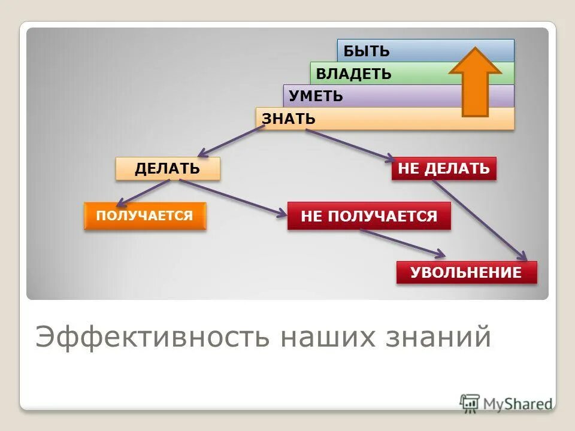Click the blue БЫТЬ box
395,51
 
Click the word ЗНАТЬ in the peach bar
289,119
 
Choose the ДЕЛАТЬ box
168,168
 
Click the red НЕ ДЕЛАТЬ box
444,168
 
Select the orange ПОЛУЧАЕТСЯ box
145,215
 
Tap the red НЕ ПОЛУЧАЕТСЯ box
369,215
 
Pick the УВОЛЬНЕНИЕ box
466,273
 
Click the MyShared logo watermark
506,403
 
